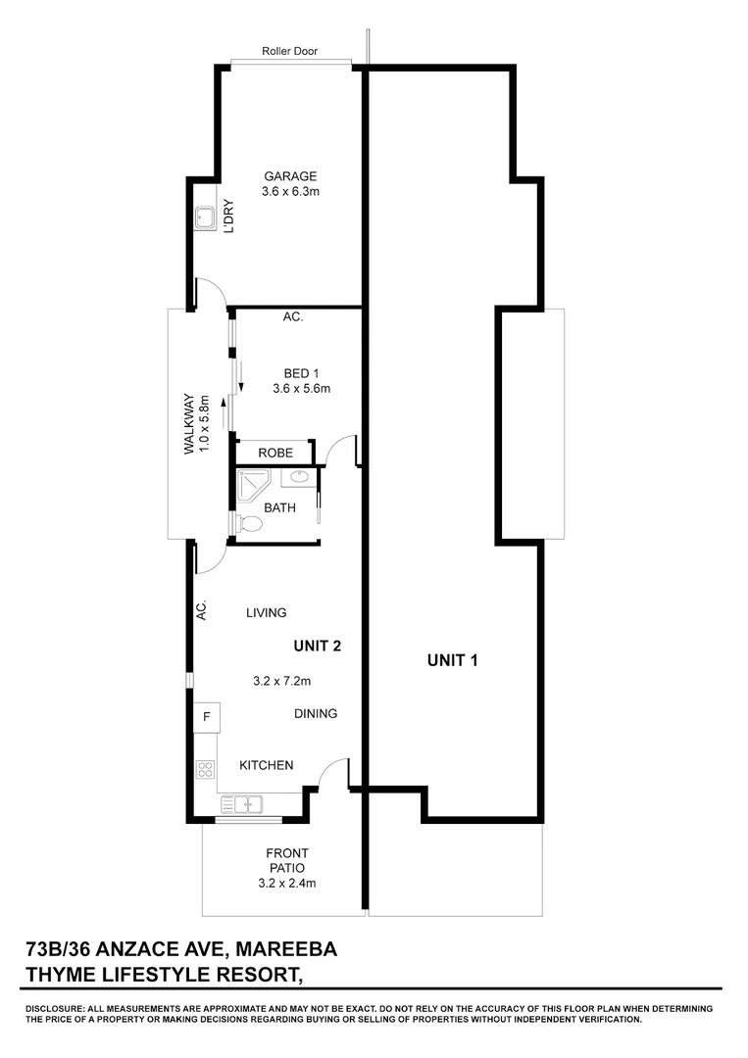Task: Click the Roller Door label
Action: pyautogui.click(x=290, y=51)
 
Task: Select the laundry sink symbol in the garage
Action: pyautogui.click(x=206, y=218)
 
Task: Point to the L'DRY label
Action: pyautogui.click(x=228, y=217)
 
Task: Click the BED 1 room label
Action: pyautogui.click(x=301, y=372)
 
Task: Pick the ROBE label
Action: pyautogui.click(x=275, y=453)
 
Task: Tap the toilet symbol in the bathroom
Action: pyautogui.click(x=250, y=525)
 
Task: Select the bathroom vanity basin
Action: pyautogui.click(x=300, y=478)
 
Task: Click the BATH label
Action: pyautogui.click(x=281, y=507)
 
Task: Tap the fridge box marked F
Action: pyautogui.click(x=206, y=716)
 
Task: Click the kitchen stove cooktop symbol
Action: pyautogui.click(x=206, y=769)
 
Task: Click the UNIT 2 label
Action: pyautogui.click(x=318, y=646)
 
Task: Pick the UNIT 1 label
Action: pyautogui.click(x=452, y=660)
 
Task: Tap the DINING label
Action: pyautogui.click(x=316, y=713)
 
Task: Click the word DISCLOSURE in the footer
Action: pyautogui.click(x=57, y=1009)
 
